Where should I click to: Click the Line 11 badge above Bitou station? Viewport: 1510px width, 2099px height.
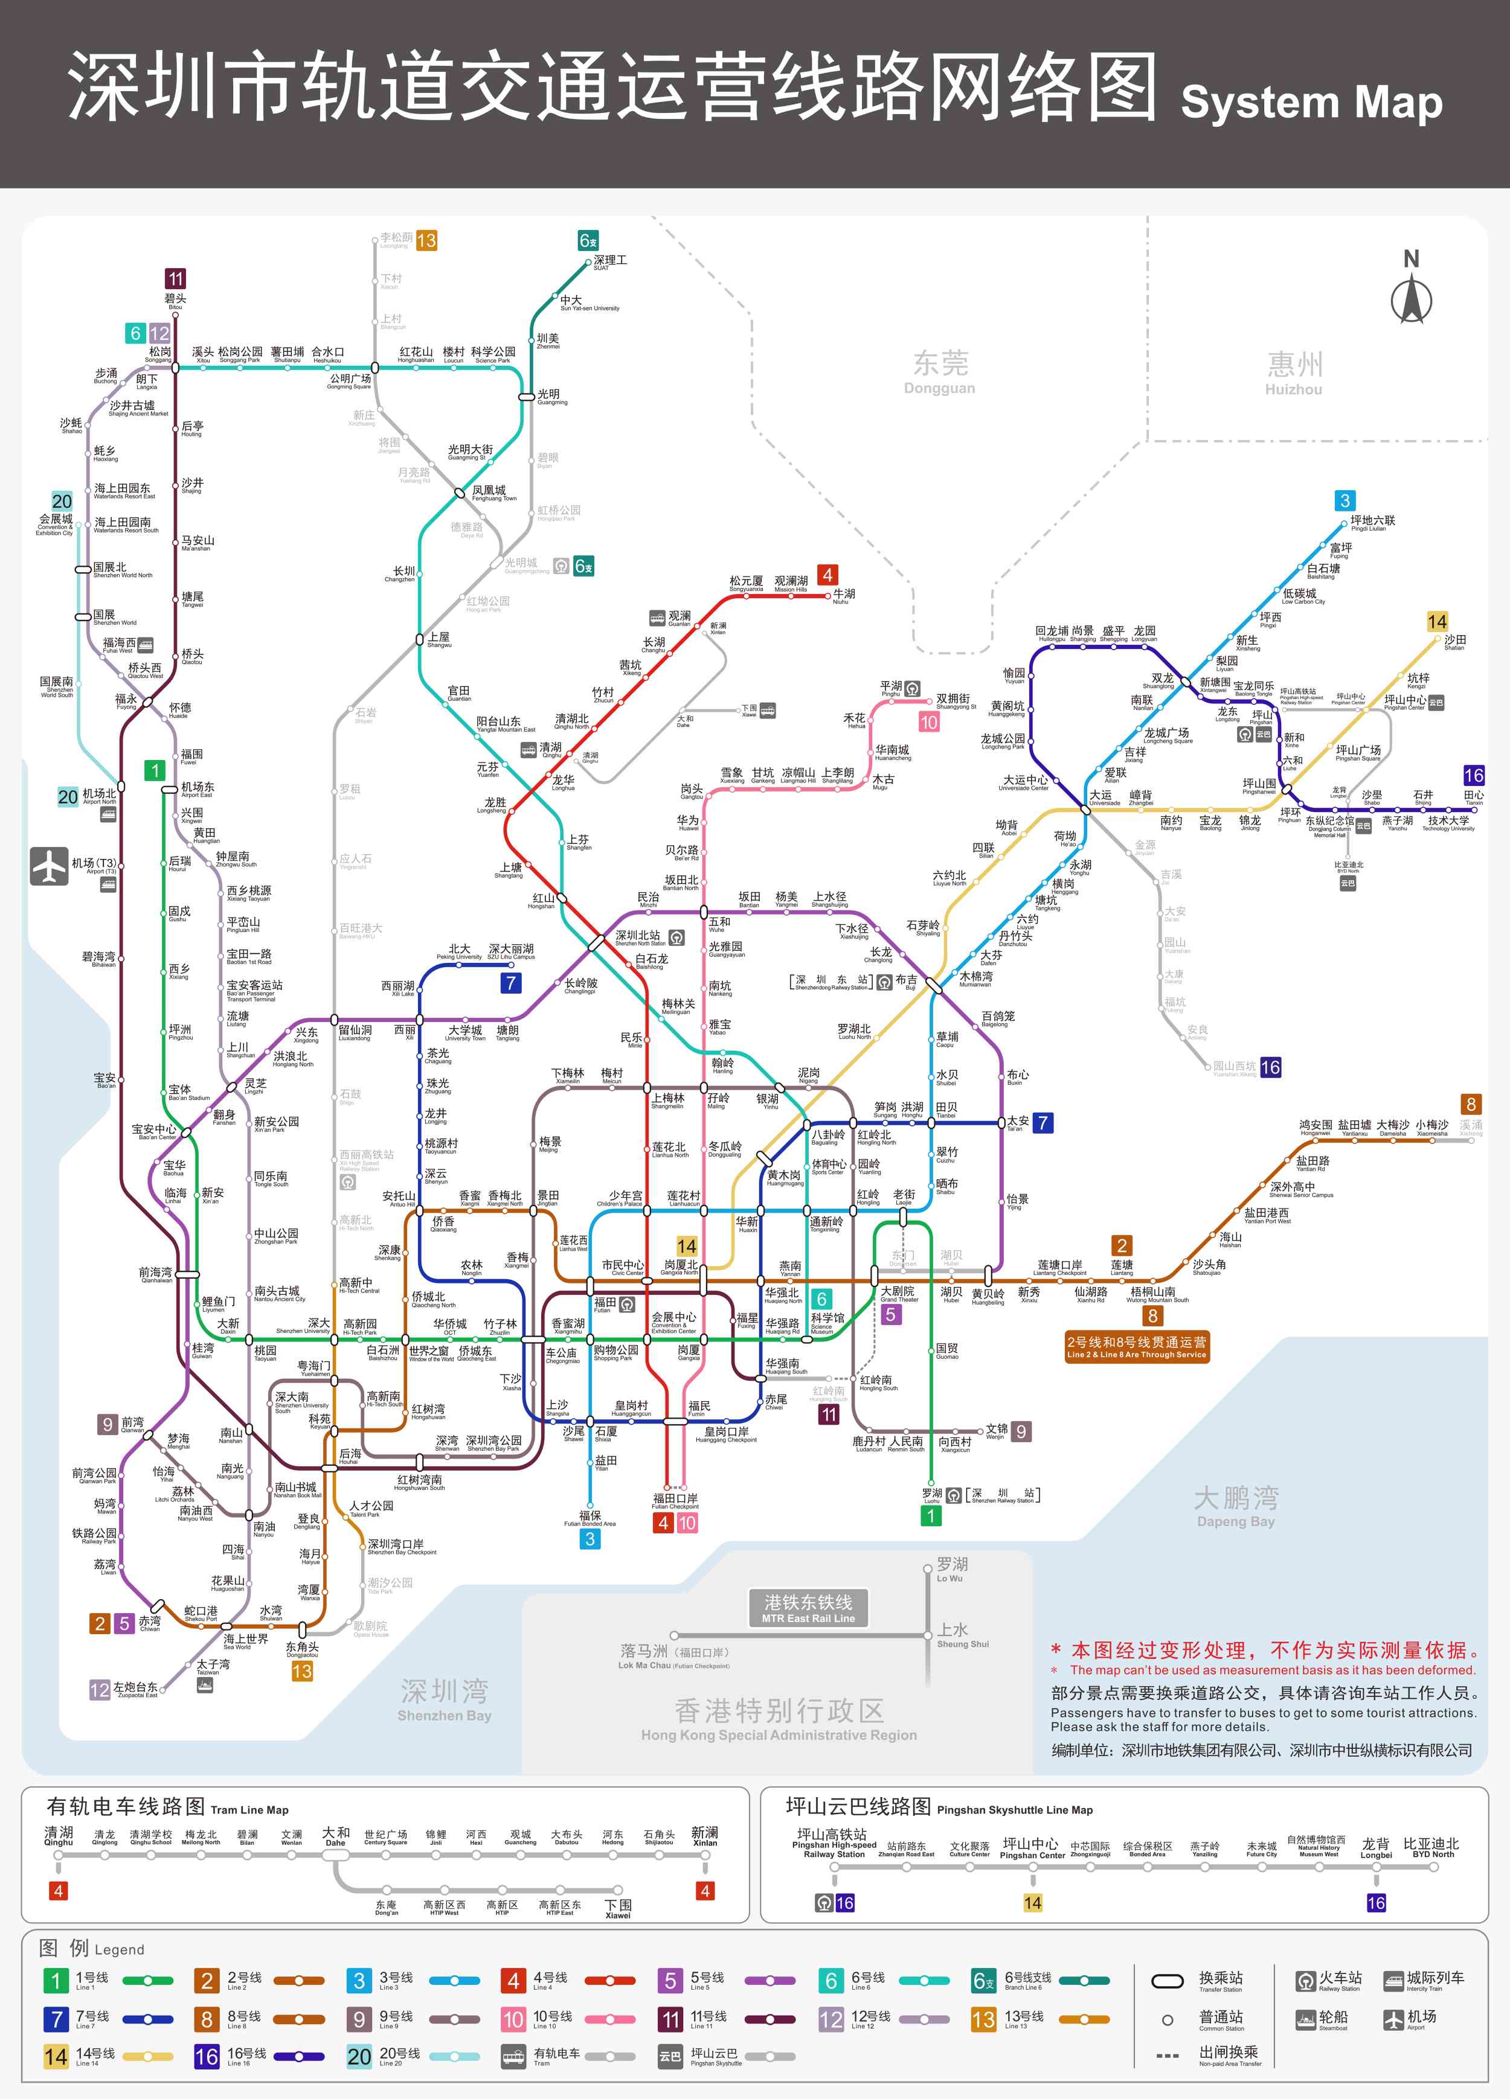point(175,278)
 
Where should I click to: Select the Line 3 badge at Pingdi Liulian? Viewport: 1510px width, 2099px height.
point(1345,500)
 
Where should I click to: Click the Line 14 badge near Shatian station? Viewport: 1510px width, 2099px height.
point(1436,622)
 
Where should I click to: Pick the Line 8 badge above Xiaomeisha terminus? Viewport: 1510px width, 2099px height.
point(1470,1104)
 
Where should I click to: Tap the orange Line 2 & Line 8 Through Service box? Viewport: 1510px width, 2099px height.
point(1136,1347)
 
